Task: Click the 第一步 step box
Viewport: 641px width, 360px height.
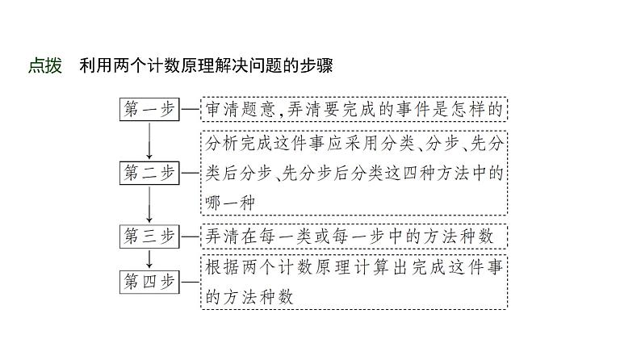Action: [149, 108]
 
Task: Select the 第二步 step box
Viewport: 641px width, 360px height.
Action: [149, 171]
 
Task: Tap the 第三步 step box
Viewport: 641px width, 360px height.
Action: [149, 235]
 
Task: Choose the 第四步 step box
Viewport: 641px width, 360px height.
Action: [149, 282]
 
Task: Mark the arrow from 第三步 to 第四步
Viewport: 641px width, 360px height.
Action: [149, 258]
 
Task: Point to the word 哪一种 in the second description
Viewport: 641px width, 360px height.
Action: [230, 203]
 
